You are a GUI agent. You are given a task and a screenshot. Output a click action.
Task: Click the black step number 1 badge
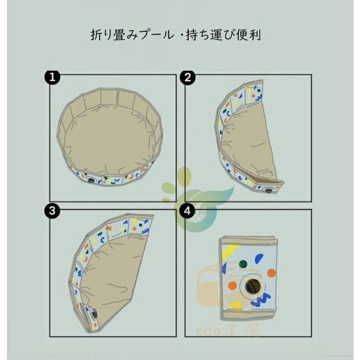click(52, 77)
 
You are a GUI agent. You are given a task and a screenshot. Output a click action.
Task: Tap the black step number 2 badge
click(188, 77)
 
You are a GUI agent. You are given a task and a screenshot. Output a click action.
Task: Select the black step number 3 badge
click(52, 210)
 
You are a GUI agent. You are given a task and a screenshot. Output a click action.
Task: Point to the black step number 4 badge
click(188, 210)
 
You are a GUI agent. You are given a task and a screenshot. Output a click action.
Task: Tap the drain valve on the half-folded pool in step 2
click(268, 190)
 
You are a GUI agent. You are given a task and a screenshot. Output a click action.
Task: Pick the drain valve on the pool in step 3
click(94, 313)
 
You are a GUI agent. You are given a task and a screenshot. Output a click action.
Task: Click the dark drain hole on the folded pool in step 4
click(253, 286)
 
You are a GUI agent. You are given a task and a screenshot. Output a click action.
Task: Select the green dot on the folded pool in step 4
click(243, 264)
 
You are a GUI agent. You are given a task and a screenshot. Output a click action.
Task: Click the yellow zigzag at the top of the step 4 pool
click(231, 249)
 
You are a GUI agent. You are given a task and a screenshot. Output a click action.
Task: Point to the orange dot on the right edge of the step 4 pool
click(271, 273)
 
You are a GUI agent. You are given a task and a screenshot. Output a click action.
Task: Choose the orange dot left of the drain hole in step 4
click(232, 286)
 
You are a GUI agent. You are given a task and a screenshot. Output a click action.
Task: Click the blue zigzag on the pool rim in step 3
click(146, 230)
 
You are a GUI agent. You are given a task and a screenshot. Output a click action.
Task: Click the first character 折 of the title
click(96, 35)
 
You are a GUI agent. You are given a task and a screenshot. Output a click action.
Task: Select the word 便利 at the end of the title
click(250, 35)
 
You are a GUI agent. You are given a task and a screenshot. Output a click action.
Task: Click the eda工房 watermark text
click(227, 331)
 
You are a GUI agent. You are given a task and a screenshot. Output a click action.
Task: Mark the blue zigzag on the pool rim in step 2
click(258, 98)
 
